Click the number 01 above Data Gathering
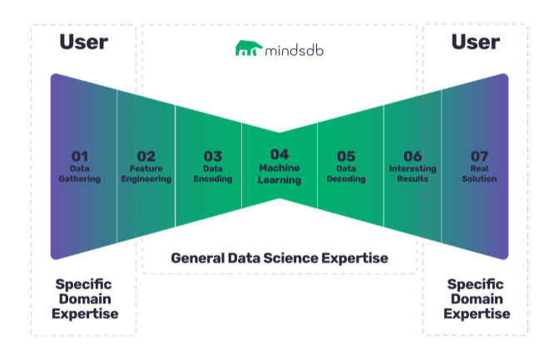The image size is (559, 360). point(80,155)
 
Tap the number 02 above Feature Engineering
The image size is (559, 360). point(146,155)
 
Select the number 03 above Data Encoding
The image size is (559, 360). point(213,155)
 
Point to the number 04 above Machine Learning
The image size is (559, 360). point(279,154)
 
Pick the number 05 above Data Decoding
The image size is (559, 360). point(346,155)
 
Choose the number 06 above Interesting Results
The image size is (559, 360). point(413,155)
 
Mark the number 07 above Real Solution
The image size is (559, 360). point(479,155)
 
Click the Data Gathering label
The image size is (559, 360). point(80,174)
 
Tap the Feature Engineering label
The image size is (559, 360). point(146,174)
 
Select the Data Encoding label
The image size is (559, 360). point(213,174)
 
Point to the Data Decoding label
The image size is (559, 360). point(346,174)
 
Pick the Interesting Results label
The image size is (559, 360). point(413,174)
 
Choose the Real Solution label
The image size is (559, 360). point(479,174)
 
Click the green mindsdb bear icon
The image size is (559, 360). point(247,49)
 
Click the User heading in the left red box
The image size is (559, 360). point(83,42)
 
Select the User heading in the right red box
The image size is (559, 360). point(476,42)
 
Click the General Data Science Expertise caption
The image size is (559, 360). point(279,258)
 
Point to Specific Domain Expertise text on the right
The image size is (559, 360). point(476,298)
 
